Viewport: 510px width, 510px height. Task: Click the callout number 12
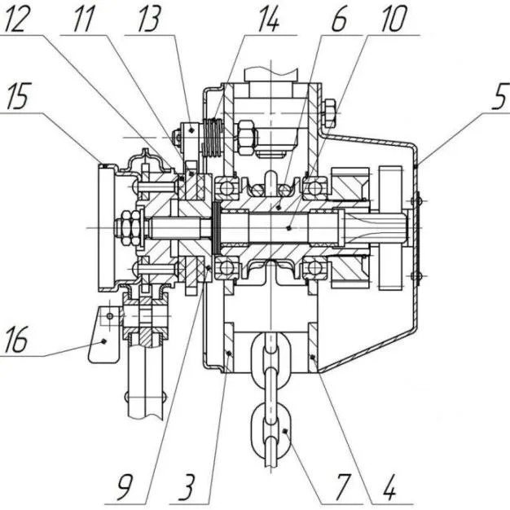[15, 19]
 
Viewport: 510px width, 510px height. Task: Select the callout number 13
[149, 19]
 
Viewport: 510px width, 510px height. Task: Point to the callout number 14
[268, 20]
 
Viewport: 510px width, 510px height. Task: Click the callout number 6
[339, 19]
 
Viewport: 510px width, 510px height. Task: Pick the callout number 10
[394, 19]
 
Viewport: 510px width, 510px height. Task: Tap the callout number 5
[499, 97]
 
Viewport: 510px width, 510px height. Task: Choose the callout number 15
[18, 96]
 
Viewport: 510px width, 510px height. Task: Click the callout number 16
[15, 340]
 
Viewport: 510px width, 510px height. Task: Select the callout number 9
[125, 487]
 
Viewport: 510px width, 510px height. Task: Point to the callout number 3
[187, 487]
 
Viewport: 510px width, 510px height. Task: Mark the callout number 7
[344, 487]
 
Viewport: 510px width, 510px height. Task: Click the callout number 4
[389, 487]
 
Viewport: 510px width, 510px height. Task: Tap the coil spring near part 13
[213, 138]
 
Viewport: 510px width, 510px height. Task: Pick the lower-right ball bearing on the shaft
[314, 267]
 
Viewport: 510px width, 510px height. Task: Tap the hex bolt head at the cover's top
[329, 113]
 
